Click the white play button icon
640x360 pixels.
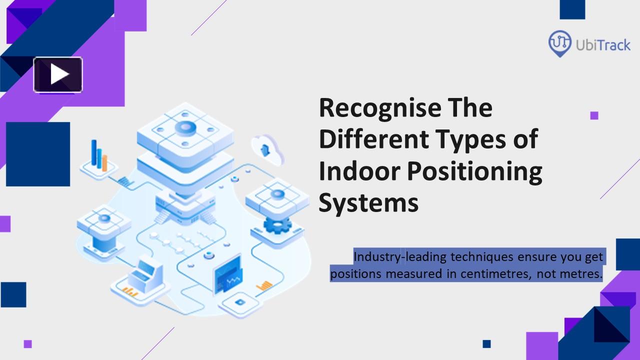(x=58, y=75)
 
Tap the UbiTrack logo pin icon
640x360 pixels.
(x=560, y=43)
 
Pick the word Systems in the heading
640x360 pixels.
(x=368, y=203)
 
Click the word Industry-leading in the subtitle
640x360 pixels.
(x=400, y=257)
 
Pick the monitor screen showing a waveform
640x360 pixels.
(x=227, y=275)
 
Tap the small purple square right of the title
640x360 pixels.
(x=594, y=115)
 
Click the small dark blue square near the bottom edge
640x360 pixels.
(x=486, y=343)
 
